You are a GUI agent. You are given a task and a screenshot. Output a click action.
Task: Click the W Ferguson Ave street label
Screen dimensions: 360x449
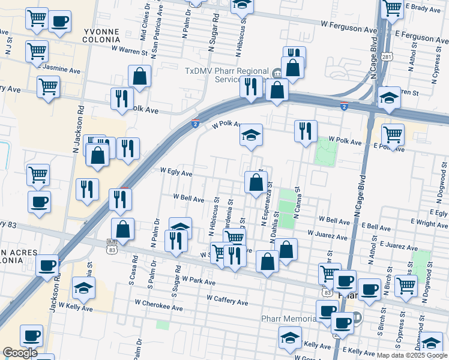pyautogui.click(x=349, y=27)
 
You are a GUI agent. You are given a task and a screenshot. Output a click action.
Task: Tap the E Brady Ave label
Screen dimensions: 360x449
pyautogui.click(x=423, y=8)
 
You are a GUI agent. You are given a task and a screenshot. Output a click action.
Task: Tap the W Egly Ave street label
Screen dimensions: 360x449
pyautogui.click(x=176, y=173)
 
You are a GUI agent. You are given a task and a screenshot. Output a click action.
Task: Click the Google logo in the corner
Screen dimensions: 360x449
pyautogui.click(x=20, y=352)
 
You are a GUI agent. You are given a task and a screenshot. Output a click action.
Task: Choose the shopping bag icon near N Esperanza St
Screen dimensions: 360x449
pyautogui.click(x=256, y=182)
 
